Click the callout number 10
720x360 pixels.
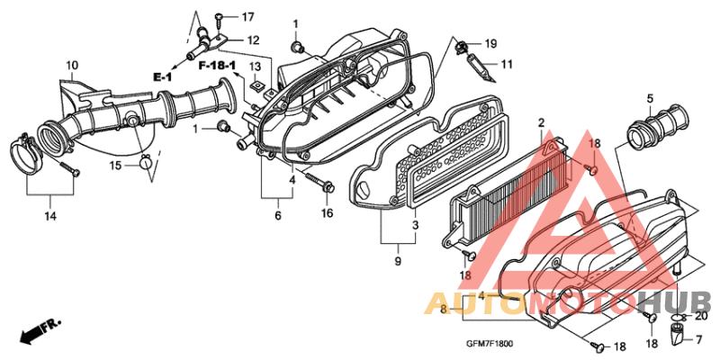coord(72,65)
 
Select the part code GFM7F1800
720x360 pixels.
coord(490,344)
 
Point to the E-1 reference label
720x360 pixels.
coord(163,76)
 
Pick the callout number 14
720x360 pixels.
coord(50,216)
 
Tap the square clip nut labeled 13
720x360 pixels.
coord(258,85)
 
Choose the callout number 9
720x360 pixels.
coord(398,261)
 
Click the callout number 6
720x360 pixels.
coord(278,215)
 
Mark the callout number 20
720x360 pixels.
coord(701,316)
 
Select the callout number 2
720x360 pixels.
coord(542,122)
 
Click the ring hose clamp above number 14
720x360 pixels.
coord(26,156)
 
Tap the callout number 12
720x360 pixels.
coord(254,40)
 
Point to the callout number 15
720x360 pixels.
coord(115,165)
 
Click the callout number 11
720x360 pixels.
coord(507,64)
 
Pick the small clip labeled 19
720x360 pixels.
coord(461,47)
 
